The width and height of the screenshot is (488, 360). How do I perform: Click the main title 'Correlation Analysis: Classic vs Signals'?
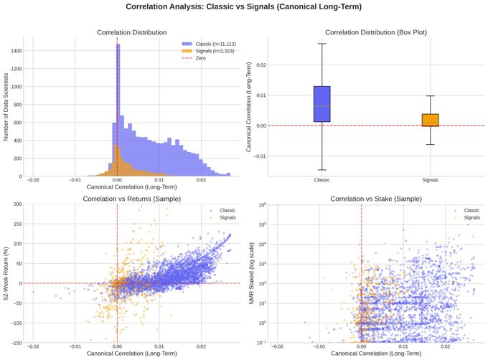pyautogui.click(x=243, y=7)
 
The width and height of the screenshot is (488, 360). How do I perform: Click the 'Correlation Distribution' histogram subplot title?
pyautogui.click(x=131, y=32)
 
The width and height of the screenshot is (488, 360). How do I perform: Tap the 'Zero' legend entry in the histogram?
pyautogui.click(x=202, y=59)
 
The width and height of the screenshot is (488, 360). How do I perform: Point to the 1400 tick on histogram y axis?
pyautogui.click(x=15, y=51)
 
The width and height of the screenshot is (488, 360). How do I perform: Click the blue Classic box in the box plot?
pyautogui.click(x=322, y=104)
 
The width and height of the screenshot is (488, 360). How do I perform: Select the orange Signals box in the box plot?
pyautogui.click(x=430, y=120)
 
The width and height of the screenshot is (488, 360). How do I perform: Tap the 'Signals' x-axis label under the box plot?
pyautogui.click(x=430, y=181)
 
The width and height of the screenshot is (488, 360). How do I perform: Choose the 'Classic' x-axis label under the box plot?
pyautogui.click(x=322, y=181)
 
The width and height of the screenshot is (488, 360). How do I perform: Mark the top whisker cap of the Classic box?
pyautogui.click(x=322, y=44)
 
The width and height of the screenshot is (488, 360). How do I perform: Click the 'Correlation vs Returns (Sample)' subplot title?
pyautogui.click(x=131, y=198)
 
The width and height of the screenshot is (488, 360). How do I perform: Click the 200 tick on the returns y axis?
pyautogui.click(x=16, y=204)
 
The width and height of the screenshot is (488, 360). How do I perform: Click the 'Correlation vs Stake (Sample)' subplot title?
pyautogui.click(x=375, y=198)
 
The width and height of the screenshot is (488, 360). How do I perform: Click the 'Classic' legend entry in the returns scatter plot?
pyautogui.click(x=227, y=209)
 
